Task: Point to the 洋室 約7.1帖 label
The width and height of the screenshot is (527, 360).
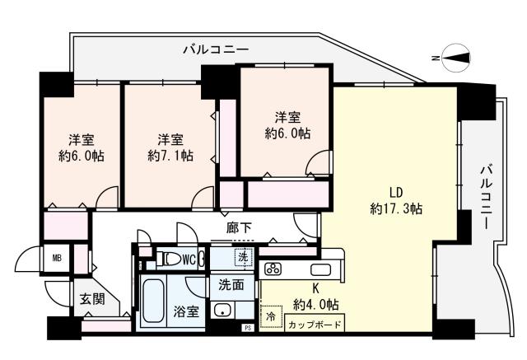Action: tap(170, 146)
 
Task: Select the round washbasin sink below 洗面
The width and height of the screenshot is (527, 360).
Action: tap(222, 311)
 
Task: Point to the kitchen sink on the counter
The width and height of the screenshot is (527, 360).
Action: tap(319, 269)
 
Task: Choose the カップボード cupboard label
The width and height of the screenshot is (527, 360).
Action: tap(315, 325)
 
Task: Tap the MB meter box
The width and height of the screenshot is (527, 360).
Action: tap(57, 256)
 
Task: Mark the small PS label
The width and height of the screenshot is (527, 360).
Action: tap(245, 329)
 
